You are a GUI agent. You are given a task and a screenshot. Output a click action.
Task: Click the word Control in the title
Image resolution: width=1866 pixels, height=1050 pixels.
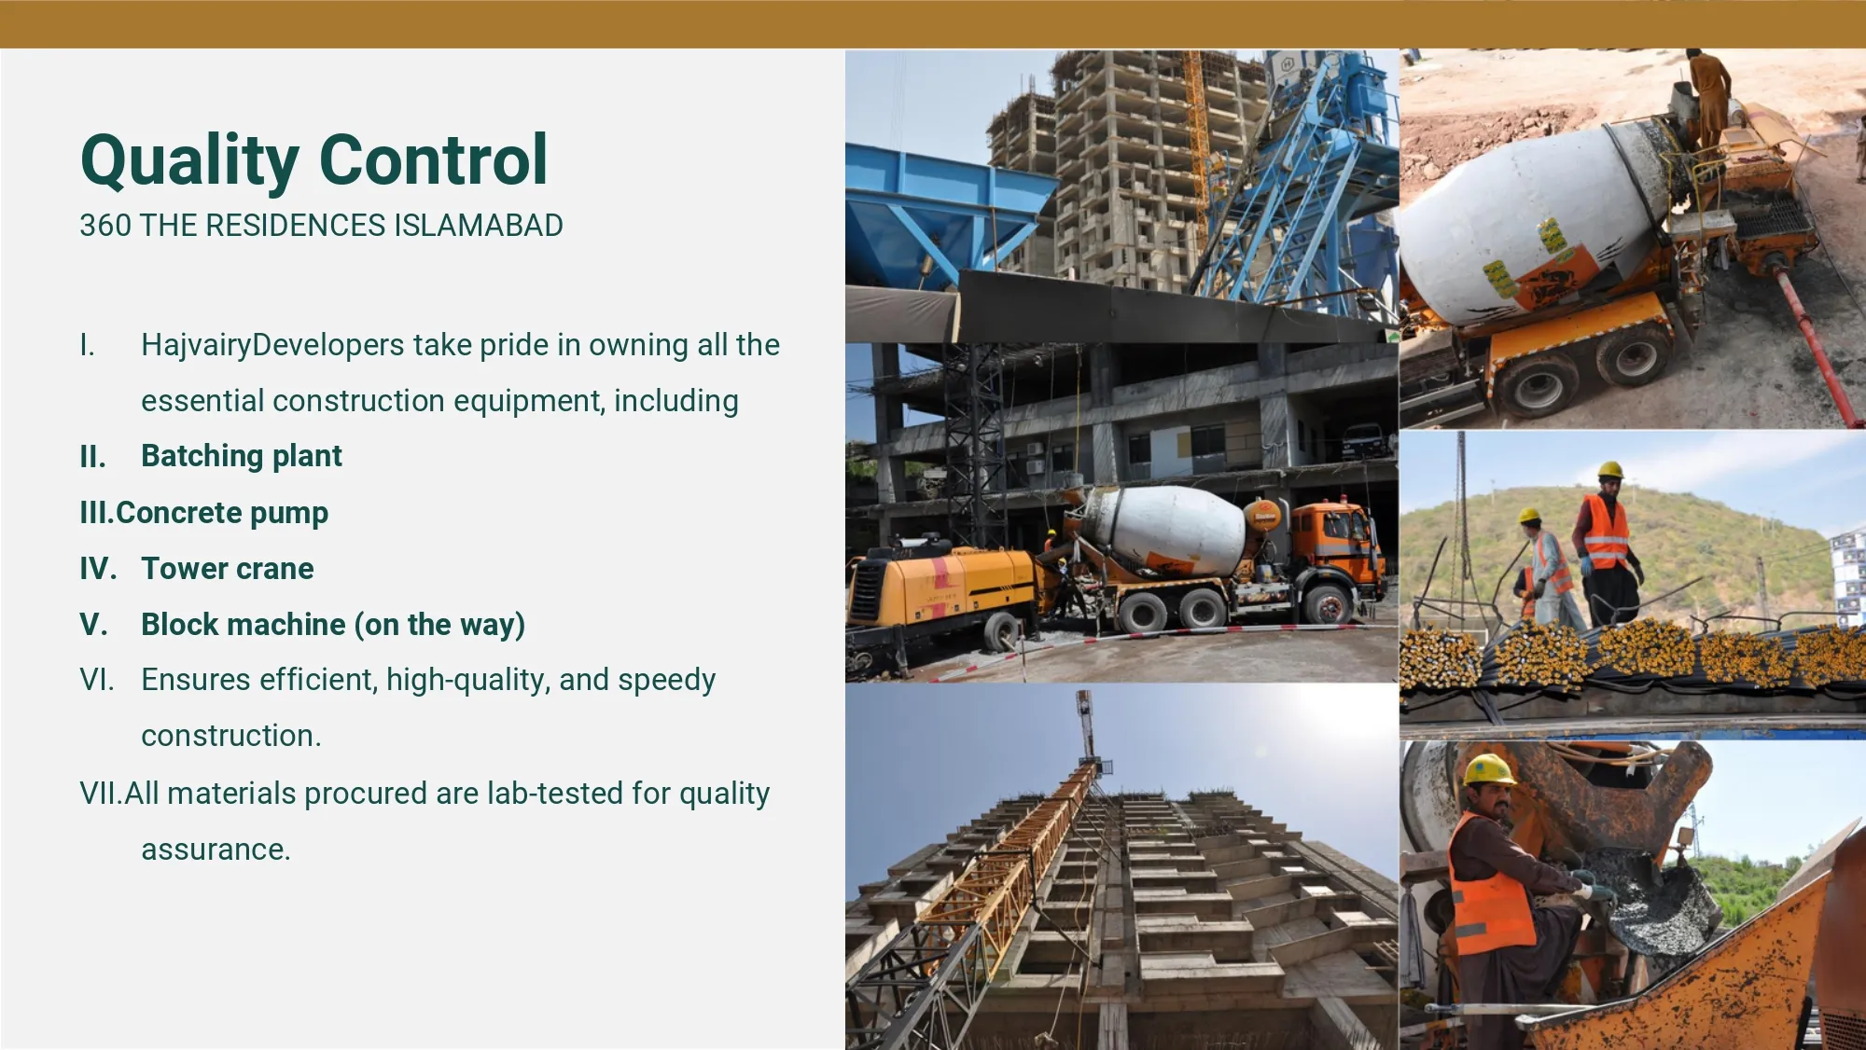click(434, 160)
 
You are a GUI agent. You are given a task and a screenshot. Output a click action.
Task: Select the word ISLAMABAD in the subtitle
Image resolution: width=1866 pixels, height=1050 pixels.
click(478, 226)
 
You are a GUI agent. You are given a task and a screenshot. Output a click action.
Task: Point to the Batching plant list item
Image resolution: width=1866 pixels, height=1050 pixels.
click(241, 456)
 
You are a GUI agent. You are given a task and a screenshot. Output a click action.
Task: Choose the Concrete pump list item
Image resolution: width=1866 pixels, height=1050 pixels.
click(222, 513)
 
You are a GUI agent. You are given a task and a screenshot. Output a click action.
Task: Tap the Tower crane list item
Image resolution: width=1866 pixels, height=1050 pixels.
click(227, 569)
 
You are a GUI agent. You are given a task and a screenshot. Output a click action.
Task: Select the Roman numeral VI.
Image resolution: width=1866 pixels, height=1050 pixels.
click(96, 680)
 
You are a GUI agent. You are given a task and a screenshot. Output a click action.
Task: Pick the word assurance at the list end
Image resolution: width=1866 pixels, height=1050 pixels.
click(216, 850)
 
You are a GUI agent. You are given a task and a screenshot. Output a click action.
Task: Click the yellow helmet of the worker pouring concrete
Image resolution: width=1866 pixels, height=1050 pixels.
click(1488, 770)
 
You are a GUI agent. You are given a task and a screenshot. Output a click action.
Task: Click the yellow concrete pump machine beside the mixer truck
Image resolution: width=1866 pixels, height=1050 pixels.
click(942, 587)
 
